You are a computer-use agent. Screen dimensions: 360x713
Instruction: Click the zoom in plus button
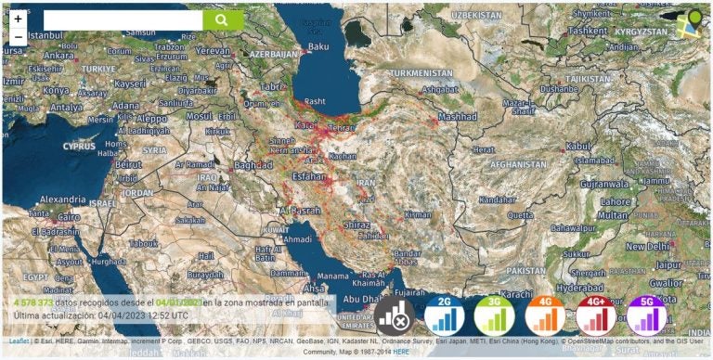19,19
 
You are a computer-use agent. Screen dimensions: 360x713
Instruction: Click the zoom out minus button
19,38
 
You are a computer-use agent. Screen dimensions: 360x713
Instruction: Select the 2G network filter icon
445,316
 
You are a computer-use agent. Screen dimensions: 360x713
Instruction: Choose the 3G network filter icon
494,316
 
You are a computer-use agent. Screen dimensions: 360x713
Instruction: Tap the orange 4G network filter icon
545,316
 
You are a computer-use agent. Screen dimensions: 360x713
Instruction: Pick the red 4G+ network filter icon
595,316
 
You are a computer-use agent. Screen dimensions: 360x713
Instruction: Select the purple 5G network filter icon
646,316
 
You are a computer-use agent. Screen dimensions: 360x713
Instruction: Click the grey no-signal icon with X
395,316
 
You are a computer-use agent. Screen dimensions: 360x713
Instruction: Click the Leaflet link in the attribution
19,341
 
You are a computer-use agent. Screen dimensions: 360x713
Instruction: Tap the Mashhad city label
457,117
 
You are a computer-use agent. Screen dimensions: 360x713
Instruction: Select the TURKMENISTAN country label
423,72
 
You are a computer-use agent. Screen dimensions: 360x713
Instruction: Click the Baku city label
318,45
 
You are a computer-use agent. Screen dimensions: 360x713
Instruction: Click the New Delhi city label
647,247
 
